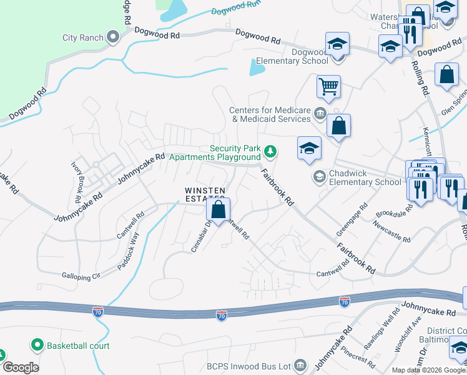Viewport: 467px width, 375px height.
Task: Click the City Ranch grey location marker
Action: (113, 37)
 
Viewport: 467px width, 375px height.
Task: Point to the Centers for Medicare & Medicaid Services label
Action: (270, 114)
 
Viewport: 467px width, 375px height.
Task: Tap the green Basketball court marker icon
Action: (37, 345)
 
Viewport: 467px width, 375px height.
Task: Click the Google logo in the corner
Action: (20, 367)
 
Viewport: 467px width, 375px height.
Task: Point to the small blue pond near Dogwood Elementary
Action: (257, 67)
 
